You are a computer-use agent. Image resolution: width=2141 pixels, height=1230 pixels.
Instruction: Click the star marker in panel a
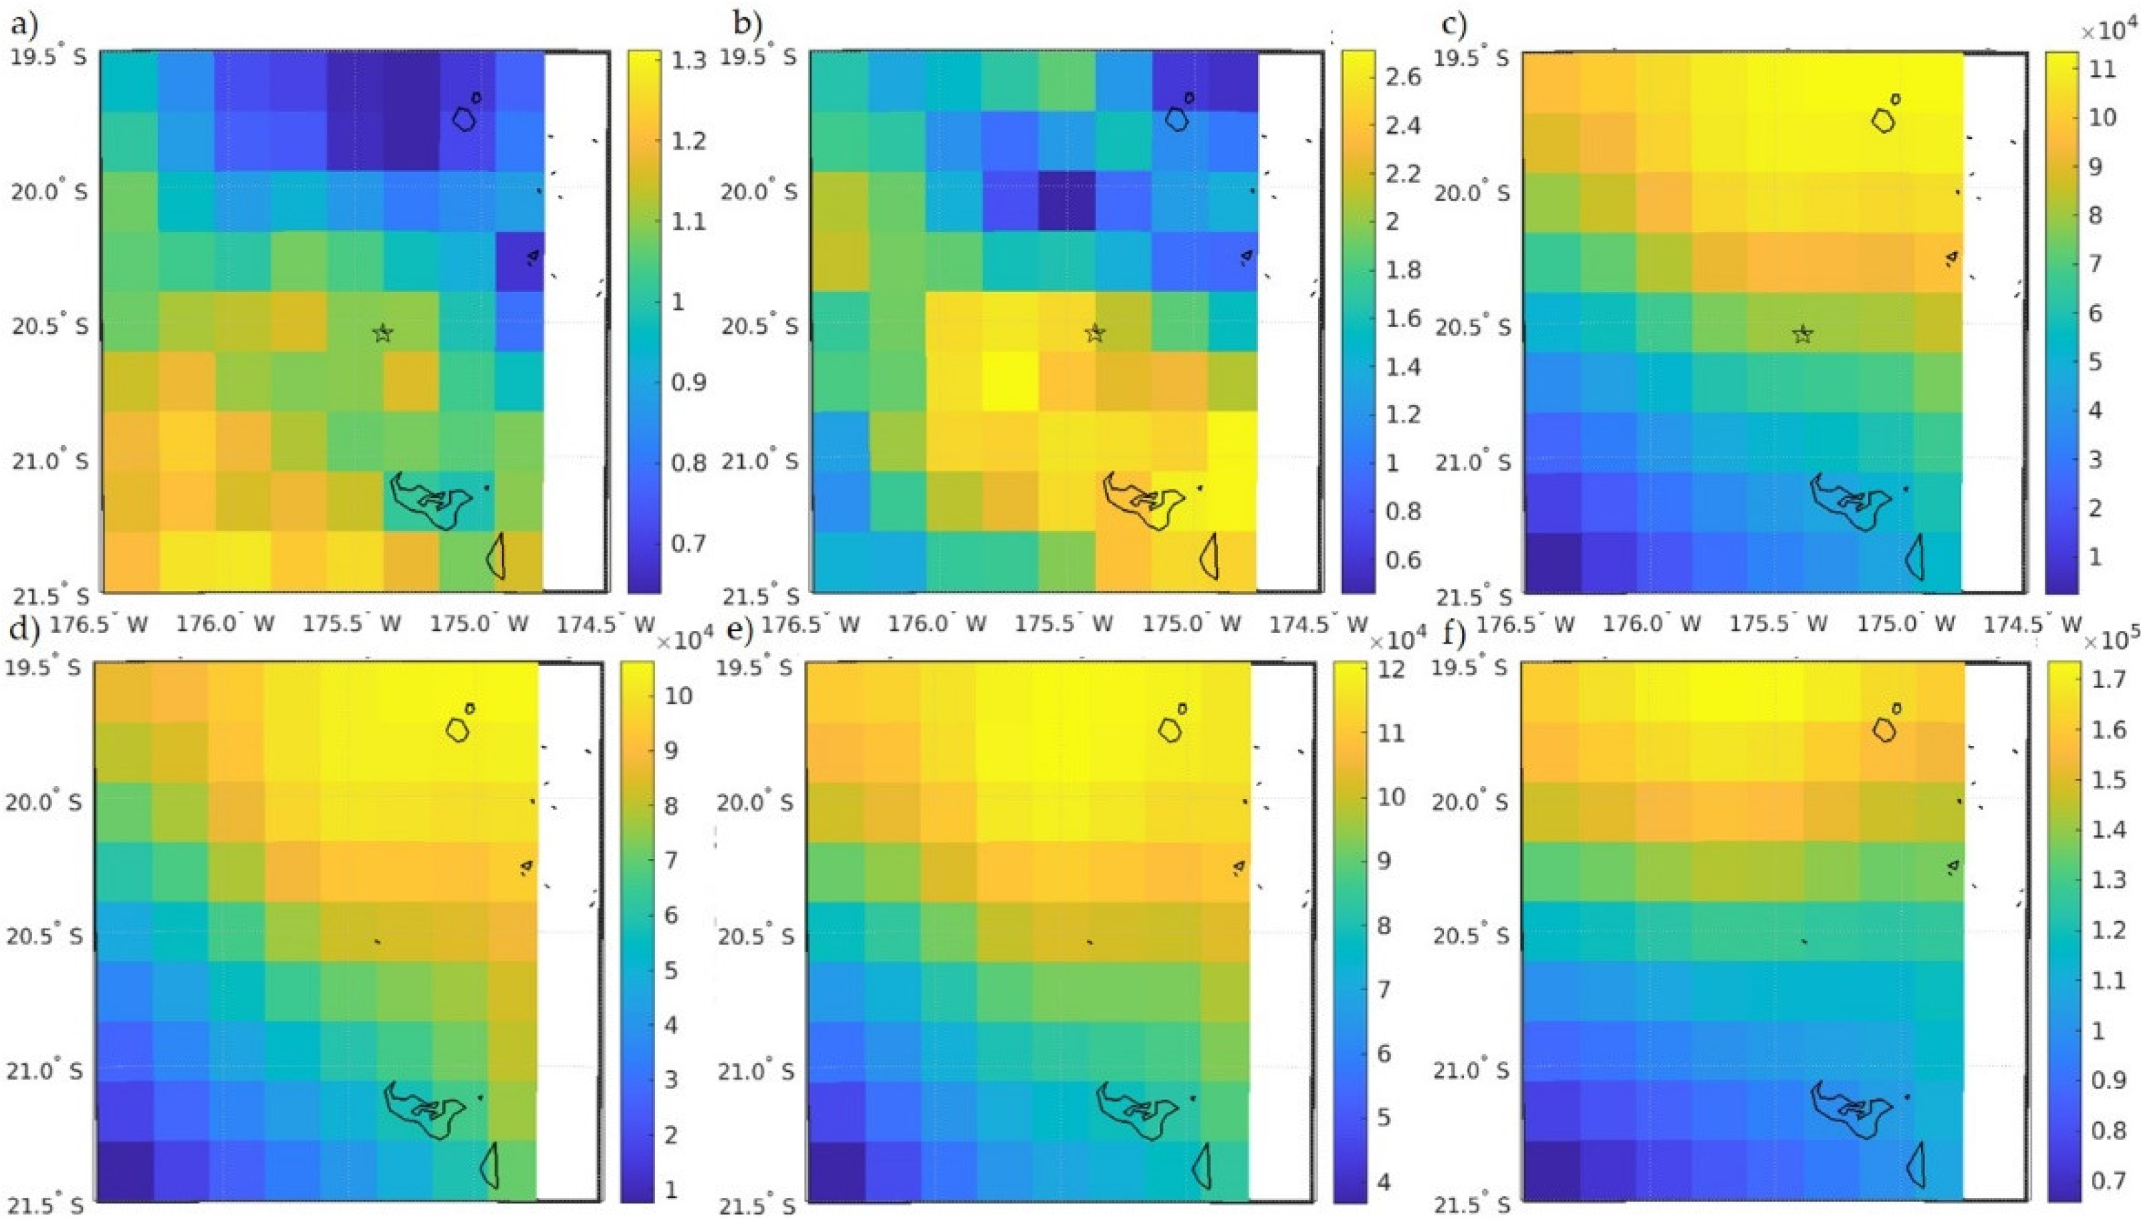[382, 333]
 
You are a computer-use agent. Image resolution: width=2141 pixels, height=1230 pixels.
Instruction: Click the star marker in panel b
[1095, 333]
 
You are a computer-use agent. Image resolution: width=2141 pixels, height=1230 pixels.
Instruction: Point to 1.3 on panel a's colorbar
[688, 61]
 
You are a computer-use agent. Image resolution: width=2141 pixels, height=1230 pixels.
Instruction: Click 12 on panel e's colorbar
[1391, 670]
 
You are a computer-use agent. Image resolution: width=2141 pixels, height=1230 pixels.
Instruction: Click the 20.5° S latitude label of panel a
[49, 326]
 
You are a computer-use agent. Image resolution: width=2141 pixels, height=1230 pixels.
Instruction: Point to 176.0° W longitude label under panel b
[937, 624]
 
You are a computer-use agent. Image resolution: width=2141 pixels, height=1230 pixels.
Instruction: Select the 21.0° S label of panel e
[756, 1071]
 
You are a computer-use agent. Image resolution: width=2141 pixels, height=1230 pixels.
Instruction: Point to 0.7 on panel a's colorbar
[688, 542]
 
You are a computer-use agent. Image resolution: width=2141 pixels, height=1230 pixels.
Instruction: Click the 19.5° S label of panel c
[1471, 58]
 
